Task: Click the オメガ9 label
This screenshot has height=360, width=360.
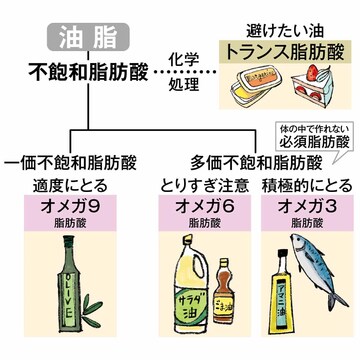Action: click(73, 211)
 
